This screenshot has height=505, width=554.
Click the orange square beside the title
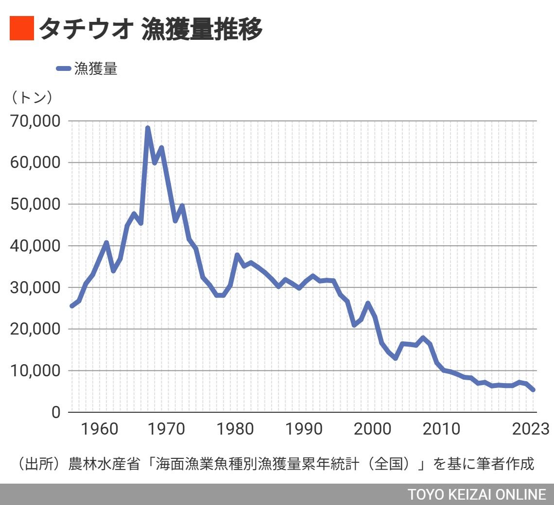22,29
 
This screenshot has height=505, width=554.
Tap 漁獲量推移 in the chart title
202,29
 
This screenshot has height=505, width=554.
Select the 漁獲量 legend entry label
96,69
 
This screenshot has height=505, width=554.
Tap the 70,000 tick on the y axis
36,121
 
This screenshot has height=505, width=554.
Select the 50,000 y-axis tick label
36,204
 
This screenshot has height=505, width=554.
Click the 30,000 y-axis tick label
36,287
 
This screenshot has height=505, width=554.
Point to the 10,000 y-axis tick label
36,371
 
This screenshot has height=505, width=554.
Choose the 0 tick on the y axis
56,413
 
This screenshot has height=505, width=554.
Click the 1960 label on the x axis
100,429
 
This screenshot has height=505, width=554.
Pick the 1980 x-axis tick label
236,429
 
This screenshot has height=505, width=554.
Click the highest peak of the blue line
148,128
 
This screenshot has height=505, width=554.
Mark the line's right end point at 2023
533,389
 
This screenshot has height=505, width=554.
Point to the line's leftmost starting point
72,306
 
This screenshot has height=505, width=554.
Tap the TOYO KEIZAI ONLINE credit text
477,494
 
